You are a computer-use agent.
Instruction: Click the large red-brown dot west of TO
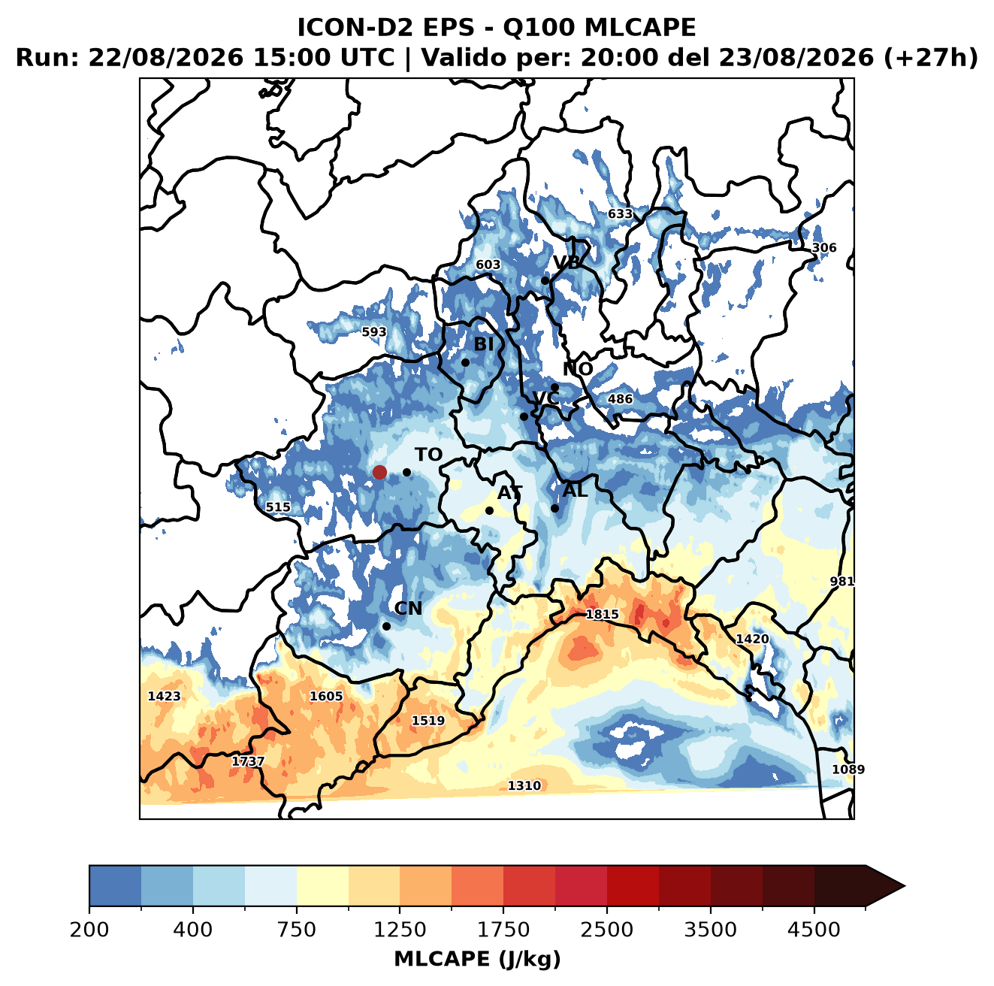click(x=379, y=472)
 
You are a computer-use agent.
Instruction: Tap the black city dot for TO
click(x=406, y=472)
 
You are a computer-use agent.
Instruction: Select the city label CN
click(x=408, y=608)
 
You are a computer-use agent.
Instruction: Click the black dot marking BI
click(x=465, y=362)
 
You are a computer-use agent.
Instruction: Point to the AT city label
click(x=509, y=493)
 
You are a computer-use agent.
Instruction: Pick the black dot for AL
click(x=554, y=508)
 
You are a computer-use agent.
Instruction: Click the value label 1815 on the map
click(x=602, y=614)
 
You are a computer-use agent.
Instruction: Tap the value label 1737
click(x=248, y=761)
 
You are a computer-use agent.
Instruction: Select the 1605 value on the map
click(x=326, y=696)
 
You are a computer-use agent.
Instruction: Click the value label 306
click(x=823, y=248)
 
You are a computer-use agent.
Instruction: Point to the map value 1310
click(x=524, y=785)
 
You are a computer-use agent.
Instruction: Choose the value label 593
click(x=374, y=331)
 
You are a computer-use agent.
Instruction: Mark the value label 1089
click(x=848, y=770)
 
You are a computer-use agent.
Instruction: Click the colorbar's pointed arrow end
click(x=905, y=886)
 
